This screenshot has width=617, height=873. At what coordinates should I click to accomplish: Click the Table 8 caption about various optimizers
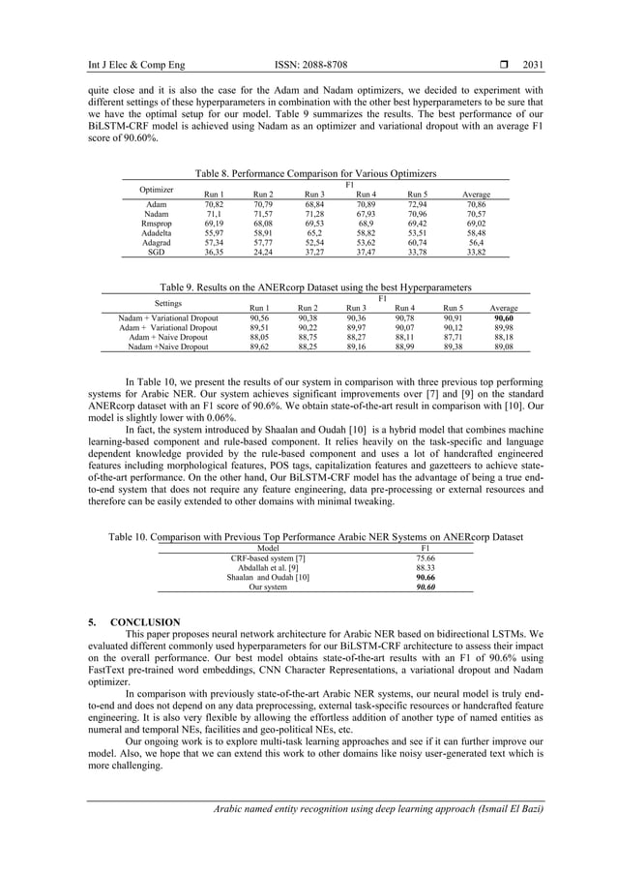click(x=316, y=173)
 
